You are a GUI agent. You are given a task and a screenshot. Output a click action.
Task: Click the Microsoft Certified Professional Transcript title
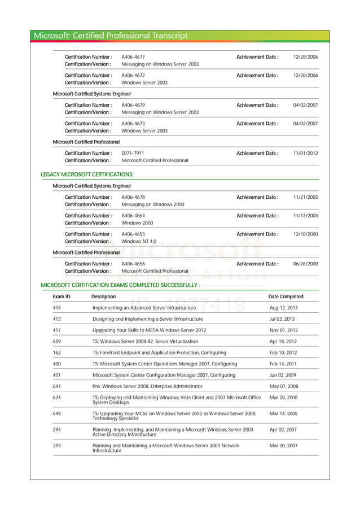click(111, 36)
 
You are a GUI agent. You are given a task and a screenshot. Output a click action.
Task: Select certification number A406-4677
click(133, 57)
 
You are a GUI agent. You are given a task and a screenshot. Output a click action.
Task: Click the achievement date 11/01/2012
click(305, 153)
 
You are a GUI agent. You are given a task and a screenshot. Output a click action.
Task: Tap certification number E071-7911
click(133, 153)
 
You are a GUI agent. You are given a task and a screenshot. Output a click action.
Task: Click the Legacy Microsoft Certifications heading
click(87, 175)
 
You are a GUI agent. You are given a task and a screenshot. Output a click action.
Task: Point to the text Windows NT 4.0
click(139, 241)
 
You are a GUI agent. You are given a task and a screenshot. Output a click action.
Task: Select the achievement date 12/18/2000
click(305, 234)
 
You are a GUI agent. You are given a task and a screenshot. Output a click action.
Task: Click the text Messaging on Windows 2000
click(153, 204)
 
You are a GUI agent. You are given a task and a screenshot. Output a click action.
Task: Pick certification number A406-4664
click(133, 216)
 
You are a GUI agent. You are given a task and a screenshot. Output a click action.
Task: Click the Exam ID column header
click(62, 297)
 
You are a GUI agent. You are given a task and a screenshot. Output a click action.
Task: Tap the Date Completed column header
click(286, 297)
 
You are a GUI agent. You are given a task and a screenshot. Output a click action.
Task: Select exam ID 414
click(57, 308)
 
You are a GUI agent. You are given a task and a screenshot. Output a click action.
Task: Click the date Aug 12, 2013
click(283, 308)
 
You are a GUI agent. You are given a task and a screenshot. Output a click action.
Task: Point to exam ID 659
click(57, 342)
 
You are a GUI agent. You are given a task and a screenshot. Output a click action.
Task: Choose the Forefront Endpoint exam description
click(159, 352)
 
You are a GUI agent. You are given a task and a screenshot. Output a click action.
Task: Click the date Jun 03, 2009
click(283, 375)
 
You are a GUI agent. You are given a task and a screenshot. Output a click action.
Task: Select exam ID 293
click(57, 446)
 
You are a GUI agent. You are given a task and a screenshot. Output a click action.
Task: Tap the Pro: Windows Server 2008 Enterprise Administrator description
click(147, 386)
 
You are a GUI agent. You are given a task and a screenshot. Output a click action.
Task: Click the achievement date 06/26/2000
click(305, 264)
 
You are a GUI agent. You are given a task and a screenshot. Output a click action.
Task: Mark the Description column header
click(103, 297)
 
